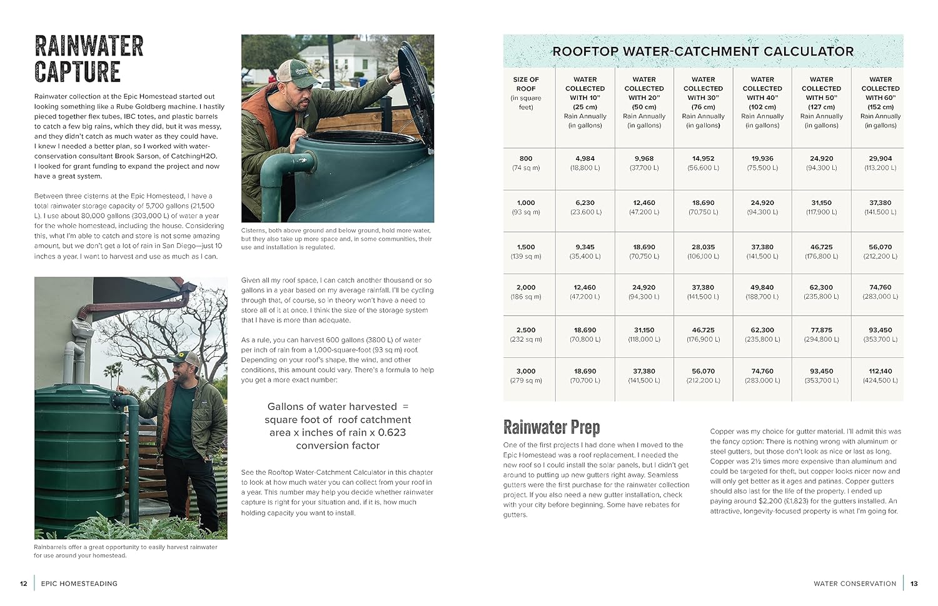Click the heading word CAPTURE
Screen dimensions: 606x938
[78, 72]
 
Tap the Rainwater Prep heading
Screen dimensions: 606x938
[552, 427]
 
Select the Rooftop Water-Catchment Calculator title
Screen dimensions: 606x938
[703, 51]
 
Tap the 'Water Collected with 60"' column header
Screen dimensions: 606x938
[880, 102]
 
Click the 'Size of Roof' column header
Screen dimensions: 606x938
[526, 93]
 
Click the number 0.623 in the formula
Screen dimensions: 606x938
[391, 432]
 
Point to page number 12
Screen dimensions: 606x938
[24, 584]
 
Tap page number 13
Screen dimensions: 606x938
[914, 584]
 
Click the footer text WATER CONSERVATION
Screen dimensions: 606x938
[855, 584]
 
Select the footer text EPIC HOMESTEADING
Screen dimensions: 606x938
[79, 584]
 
